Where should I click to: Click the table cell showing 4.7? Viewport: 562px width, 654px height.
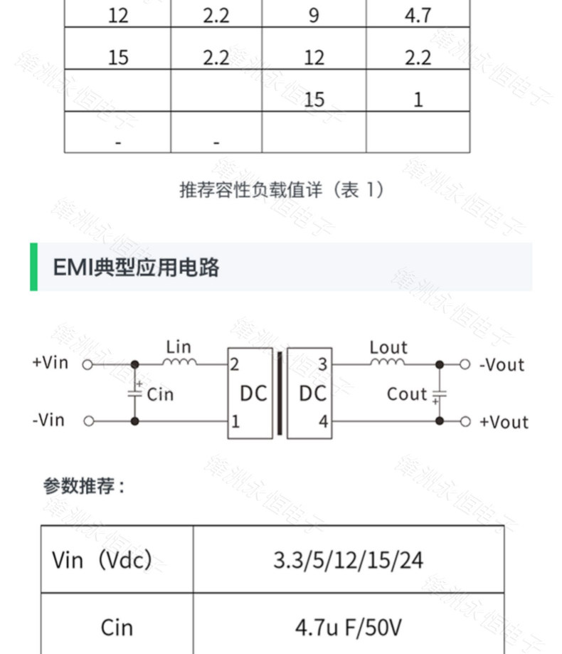point(418,15)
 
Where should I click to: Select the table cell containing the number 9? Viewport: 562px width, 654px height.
point(314,15)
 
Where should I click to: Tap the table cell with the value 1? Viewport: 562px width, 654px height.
point(418,99)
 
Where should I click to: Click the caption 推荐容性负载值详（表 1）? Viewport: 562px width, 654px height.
point(282,190)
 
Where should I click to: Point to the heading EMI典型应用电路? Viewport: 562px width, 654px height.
point(136,268)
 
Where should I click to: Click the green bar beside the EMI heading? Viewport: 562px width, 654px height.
point(33,267)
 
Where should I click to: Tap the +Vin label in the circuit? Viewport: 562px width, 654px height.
point(50,362)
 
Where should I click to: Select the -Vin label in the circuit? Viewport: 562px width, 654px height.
point(48,420)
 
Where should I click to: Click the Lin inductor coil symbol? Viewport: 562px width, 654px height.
point(179,362)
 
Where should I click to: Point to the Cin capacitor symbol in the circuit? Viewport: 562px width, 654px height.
point(135,392)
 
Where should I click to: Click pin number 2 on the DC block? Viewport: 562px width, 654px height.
point(235,365)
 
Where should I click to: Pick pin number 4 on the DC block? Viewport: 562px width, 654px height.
point(324,421)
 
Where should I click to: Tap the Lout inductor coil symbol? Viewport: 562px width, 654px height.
point(388,362)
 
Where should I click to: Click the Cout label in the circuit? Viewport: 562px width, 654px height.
point(406,394)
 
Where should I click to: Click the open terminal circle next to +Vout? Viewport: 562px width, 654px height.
point(465,421)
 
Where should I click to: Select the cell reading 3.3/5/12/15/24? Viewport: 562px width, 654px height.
point(348,560)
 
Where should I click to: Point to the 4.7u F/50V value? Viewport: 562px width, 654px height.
point(348,627)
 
